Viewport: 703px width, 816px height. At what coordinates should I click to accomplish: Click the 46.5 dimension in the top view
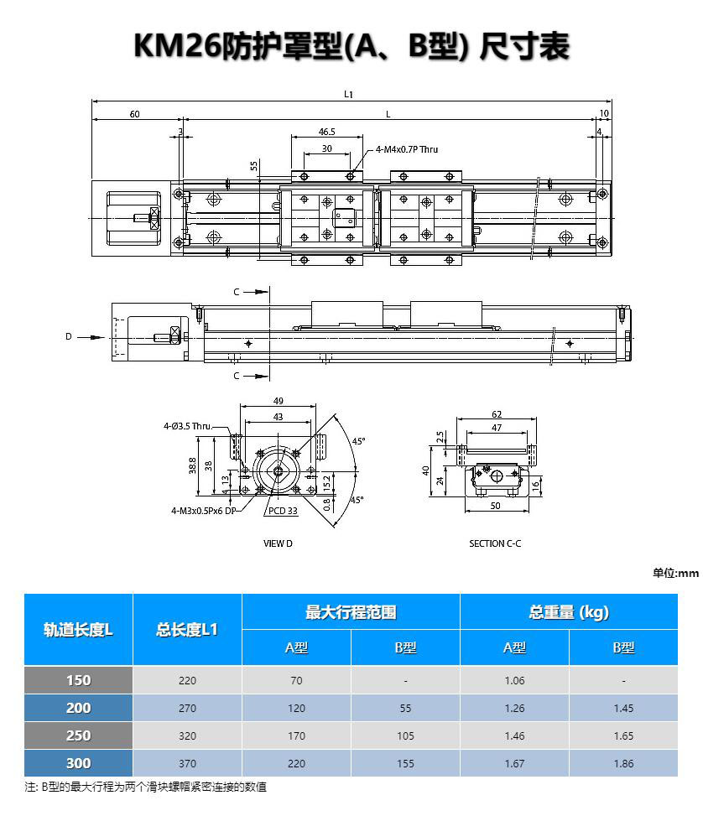326,132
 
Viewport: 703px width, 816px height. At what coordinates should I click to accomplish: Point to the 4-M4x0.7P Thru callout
407,149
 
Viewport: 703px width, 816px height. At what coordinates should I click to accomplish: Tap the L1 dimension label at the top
348,94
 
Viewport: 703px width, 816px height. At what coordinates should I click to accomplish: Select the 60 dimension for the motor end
134,114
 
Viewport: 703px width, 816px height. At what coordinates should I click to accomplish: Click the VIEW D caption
278,543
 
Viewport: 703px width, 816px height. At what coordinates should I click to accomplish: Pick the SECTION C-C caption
495,543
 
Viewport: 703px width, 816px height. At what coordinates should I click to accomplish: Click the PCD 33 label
283,511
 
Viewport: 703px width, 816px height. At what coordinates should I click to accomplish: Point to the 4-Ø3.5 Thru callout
188,426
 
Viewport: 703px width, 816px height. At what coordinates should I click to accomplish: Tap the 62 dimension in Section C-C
497,414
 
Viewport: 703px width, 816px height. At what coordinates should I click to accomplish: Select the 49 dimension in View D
278,401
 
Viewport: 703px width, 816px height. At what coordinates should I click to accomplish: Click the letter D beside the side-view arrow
68,336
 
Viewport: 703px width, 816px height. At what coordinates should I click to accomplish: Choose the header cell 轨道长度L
78,630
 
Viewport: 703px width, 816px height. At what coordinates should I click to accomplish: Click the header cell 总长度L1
187,630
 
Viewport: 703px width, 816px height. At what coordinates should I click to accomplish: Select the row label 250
78,735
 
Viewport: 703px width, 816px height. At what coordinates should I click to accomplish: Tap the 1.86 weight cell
623,763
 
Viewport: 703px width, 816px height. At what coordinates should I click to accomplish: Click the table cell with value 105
405,735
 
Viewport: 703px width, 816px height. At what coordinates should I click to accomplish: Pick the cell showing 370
187,763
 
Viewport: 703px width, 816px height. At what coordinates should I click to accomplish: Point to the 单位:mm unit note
675,573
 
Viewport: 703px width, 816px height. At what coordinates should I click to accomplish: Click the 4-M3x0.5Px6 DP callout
204,511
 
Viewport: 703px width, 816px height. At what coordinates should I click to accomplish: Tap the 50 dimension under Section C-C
495,506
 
